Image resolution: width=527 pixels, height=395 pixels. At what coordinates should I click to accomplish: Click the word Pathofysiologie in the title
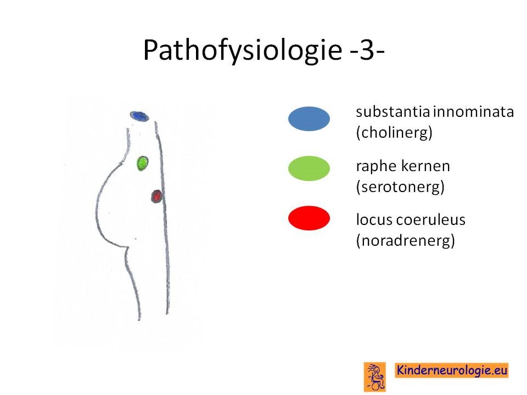point(242,50)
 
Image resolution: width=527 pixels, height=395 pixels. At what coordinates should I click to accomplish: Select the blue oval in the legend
point(309,119)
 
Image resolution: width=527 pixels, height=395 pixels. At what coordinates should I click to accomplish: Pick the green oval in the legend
point(309,168)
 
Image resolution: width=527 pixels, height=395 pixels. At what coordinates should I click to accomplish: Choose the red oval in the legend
point(309,218)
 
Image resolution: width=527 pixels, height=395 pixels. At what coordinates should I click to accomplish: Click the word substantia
point(393,112)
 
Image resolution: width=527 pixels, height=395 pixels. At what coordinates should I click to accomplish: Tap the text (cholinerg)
point(394,133)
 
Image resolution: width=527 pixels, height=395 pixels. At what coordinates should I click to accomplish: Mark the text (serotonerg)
point(400,187)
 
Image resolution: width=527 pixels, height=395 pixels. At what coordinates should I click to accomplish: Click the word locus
point(374,219)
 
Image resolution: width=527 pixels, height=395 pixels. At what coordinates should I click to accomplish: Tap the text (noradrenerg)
point(406,240)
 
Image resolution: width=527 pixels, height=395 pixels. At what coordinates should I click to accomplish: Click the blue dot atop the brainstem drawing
point(139,116)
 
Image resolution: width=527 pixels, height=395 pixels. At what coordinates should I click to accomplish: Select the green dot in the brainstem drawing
point(143,163)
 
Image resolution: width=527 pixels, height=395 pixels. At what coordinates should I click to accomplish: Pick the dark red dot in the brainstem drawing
point(156,196)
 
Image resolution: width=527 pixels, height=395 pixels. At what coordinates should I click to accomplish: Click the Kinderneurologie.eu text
point(452,370)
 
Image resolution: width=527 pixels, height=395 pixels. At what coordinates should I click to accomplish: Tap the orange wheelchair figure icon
point(375,377)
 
